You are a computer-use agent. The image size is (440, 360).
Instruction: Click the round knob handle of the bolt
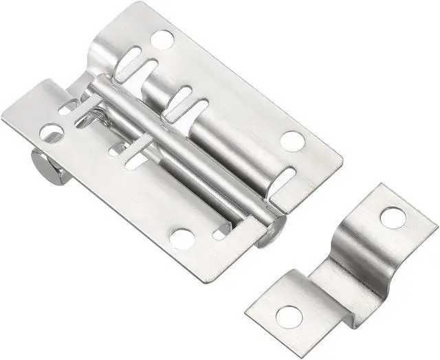(43, 165)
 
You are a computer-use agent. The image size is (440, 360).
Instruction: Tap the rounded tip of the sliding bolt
(273, 231)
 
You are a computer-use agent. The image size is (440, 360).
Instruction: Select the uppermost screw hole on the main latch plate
(162, 40)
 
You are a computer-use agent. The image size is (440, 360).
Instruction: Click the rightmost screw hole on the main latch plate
(293, 141)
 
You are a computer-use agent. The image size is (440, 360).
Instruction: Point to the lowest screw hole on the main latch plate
(183, 238)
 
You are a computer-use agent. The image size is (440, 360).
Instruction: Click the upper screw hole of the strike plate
(393, 218)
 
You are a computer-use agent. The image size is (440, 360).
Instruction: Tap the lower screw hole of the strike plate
(289, 315)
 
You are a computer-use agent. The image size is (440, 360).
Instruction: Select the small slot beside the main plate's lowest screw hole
(220, 234)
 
